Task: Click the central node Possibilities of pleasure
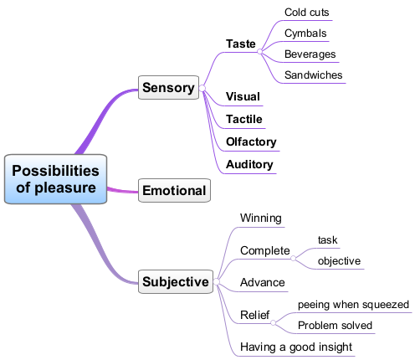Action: point(55,179)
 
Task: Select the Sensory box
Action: point(168,87)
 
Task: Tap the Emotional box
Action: point(174,190)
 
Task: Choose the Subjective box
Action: point(176,281)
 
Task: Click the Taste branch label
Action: point(241,44)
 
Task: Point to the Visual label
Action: point(243,96)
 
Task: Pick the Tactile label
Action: point(244,119)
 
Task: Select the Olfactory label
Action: point(251,142)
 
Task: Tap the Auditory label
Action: point(249,165)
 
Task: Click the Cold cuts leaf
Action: point(306,13)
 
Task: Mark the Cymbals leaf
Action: point(305,33)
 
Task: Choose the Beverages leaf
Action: point(310,54)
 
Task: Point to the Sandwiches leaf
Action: point(314,75)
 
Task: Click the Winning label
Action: point(261,219)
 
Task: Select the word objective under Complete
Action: point(339,261)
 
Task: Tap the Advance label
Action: point(263,282)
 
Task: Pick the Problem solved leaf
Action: point(335,326)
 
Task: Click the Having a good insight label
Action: point(296,347)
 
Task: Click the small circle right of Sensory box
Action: point(202,89)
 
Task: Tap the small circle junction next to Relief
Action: point(274,323)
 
